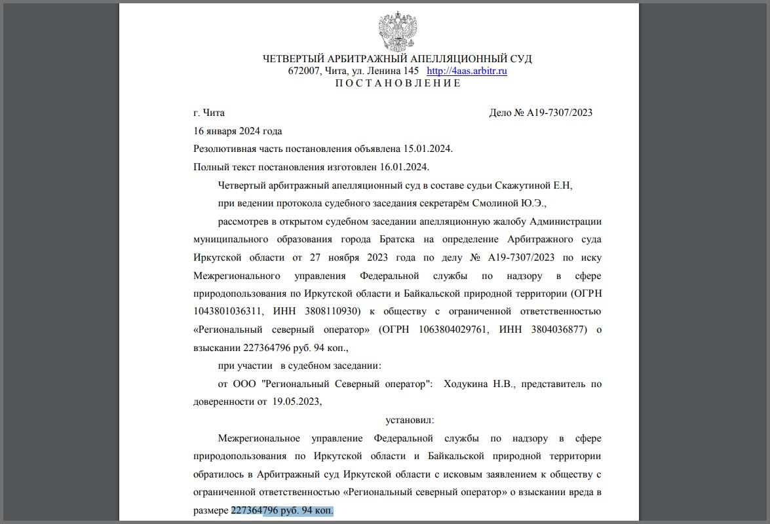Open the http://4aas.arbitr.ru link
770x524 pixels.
tap(467, 71)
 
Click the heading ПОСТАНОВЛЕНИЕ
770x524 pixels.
tap(398, 83)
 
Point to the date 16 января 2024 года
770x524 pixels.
tap(238, 131)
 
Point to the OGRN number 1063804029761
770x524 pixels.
tap(449, 329)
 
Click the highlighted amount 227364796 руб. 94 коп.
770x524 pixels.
tap(282, 510)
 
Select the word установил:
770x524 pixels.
tap(410, 420)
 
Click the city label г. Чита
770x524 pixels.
tap(209, 113)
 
